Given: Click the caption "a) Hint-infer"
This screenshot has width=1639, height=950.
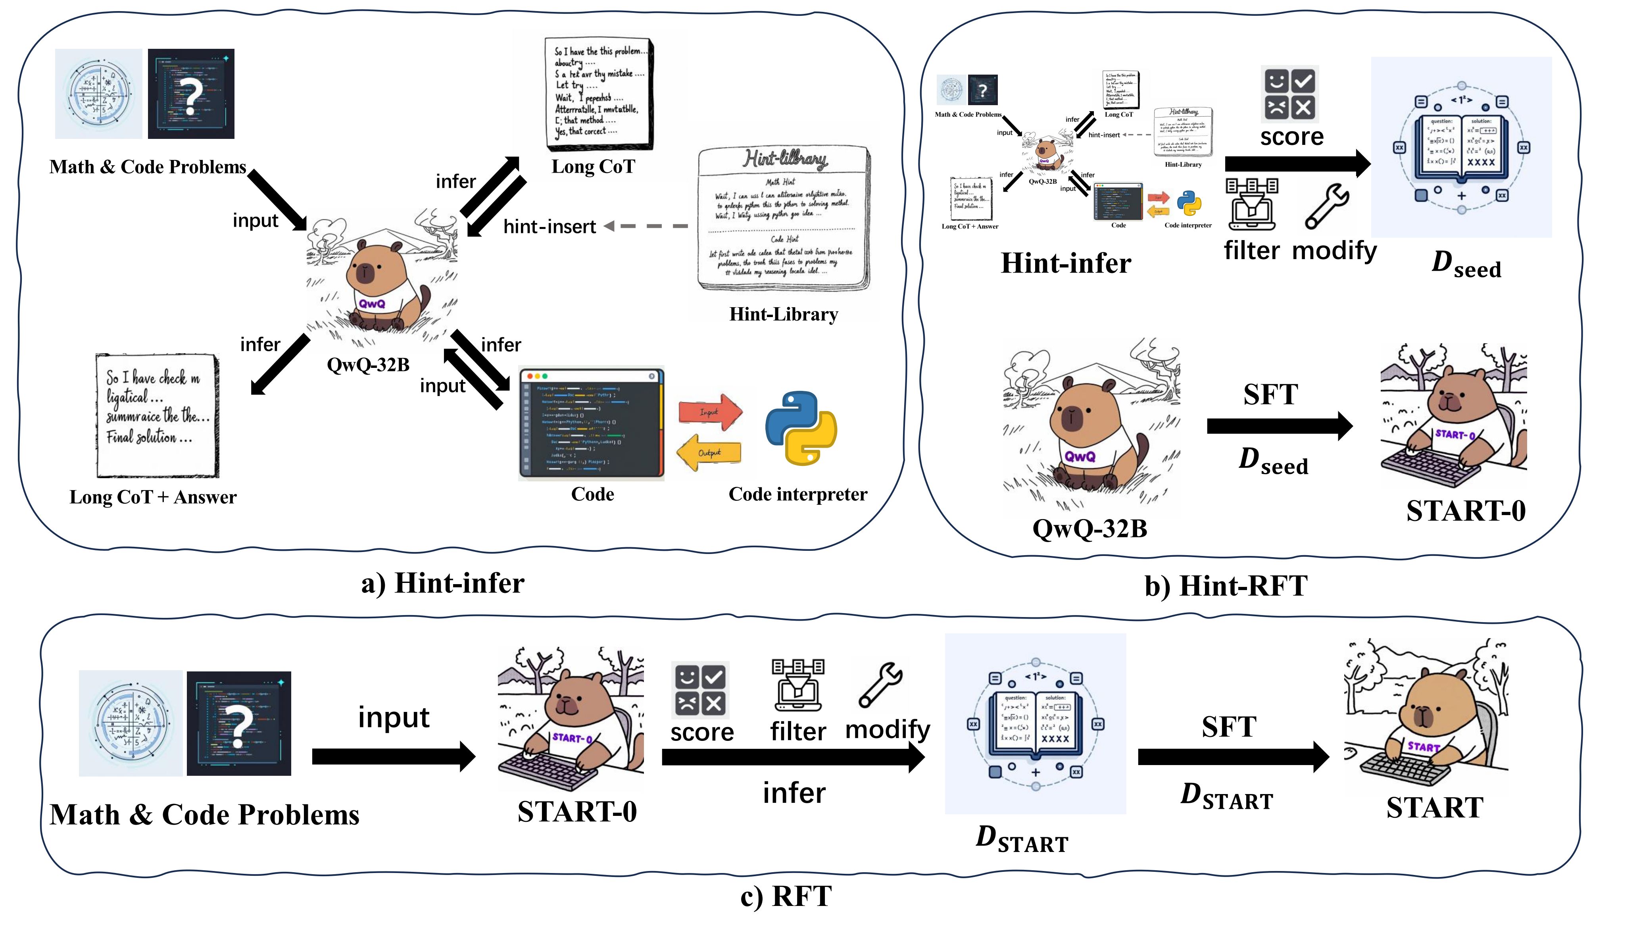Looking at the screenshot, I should (442, 583).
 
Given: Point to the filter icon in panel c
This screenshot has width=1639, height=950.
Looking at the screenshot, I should (798, 685).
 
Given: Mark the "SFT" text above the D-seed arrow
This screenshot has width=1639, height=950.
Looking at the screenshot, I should (1270, 394).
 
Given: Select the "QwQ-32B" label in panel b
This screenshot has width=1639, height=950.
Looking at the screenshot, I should (1089, 528).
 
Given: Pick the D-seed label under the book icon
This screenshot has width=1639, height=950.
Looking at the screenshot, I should (1466, 264).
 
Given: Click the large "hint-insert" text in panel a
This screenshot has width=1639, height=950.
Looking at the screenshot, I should (550, 227).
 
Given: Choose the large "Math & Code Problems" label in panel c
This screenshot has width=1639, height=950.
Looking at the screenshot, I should (204, 815).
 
